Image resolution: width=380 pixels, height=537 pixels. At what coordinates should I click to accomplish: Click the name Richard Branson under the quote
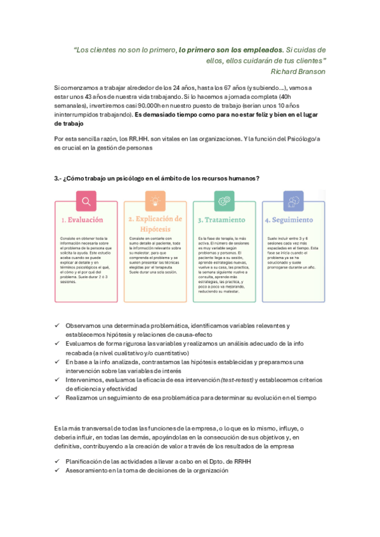tap(298, 72)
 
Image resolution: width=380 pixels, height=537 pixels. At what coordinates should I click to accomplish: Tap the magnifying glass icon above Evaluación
tap(86, 201)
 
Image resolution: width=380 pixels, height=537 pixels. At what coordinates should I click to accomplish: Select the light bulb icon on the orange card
tap(155, 201)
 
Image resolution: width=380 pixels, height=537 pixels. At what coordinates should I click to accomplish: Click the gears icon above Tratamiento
tap(224, 201)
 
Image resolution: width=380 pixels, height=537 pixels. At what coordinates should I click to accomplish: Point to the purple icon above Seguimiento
tap(293, 201)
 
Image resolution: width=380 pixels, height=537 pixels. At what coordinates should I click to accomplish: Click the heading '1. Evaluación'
tap(85, 220)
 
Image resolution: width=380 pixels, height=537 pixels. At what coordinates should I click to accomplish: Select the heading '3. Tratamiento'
tap(221, 220)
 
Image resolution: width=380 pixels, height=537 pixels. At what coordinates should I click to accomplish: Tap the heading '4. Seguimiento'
tap(289, 220)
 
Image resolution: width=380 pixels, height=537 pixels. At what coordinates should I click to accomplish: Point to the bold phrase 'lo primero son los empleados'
tap(231, 50)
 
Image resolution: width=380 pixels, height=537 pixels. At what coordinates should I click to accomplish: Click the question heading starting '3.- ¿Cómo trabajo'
tap(156, 179)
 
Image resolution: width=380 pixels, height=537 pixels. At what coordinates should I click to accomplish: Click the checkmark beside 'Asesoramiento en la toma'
tap(57, 471)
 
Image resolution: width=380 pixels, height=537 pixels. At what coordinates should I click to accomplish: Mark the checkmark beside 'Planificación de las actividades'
tap(57, 462)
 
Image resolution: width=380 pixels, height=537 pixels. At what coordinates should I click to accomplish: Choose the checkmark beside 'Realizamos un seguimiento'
tap(57, 398)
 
